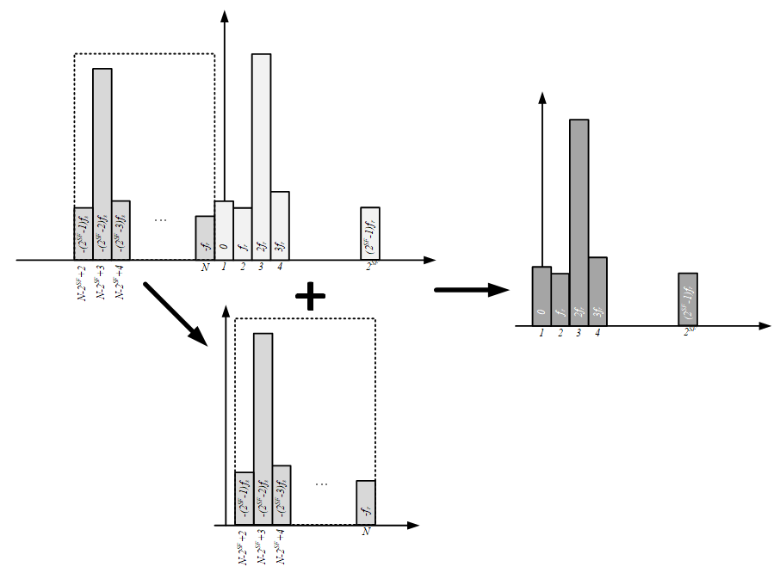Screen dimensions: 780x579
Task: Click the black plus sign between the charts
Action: (x=310, y=298)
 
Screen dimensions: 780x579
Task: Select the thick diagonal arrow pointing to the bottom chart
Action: (x=176, y=313)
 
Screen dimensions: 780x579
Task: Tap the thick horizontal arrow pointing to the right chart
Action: (x=473, y=290)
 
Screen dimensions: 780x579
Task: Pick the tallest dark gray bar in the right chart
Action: (x=579, y=222)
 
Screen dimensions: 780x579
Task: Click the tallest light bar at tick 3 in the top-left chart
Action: (x=261, y=155)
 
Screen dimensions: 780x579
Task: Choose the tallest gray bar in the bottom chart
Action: (x=263, y=428)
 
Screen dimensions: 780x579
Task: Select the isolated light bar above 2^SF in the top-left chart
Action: (x=370, y=233)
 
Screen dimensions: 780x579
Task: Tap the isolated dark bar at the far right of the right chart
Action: (x=688, y=299)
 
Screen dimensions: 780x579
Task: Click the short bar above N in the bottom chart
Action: (x=366, y=502)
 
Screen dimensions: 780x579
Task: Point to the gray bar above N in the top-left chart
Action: (x=205, y=237)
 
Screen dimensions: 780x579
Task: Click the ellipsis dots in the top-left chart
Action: (x=161, y=220)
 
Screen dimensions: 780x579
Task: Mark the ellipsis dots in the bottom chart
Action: (x=322, y=484)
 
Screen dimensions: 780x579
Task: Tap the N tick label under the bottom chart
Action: (x=366, y=532)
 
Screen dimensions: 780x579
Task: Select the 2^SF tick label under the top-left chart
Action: (x=370, y=268)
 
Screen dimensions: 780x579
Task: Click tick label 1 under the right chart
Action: (x=542, y=332)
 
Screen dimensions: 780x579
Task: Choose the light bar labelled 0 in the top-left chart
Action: (x=224, y=230)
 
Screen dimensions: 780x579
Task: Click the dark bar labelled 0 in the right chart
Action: (x=542, y=296)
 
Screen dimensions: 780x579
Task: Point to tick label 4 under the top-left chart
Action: (x=280, y=267)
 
